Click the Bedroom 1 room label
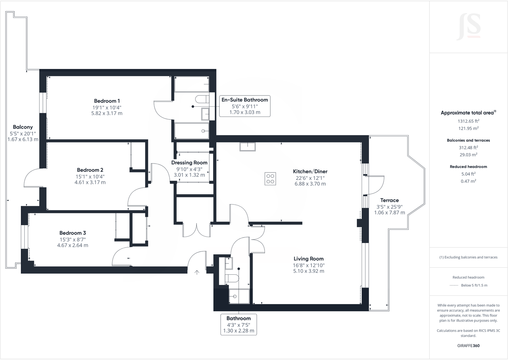(107, 101)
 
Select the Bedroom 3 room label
(73, 233)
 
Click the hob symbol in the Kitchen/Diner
(270, 179)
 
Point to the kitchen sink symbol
(248, 146)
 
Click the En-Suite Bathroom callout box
(245, 106)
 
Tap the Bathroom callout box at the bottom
(238, 324)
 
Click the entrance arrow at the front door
(197, 272)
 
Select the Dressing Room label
(189, 163)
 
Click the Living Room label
(308, 259)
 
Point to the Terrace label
(389, 200)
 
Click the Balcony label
(23, 127)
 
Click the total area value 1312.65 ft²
(468, 121)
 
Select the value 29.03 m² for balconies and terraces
(468, 155)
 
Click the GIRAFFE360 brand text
(468, 346)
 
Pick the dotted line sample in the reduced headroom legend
(454, 285)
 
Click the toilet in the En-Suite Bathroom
(201, 99)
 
